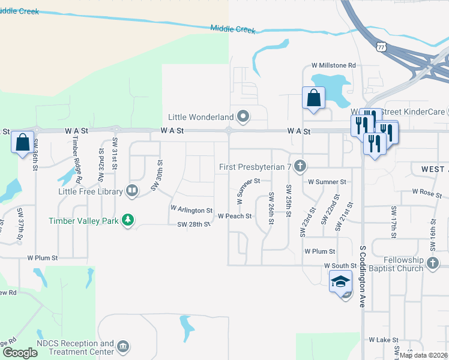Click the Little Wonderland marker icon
pyautogui.click(x=243, y=116)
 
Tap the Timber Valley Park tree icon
pyautogui.click(x=127, y=220)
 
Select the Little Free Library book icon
pyautogui.click(x=132, y=191)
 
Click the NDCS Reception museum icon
pyautogui.click(x=122, y=347)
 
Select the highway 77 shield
pyautogui.click(x=382, y=47)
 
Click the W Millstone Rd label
pyautogui.click(x=334, y=65)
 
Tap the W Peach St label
pyautogui.click(x=234, y=216)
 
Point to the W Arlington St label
pyautogui.click(x=191, y=210)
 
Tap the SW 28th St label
pyautogui.click(x=193, y=224)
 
